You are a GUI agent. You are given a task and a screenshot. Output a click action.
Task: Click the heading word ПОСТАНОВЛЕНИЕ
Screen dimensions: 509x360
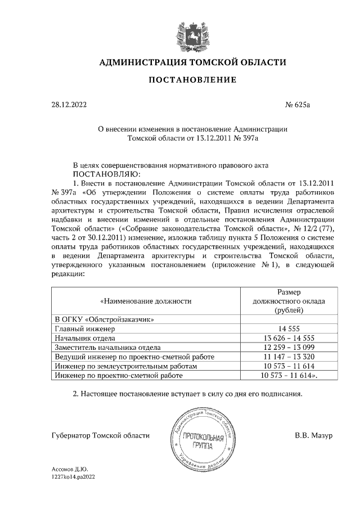tap(192, 80)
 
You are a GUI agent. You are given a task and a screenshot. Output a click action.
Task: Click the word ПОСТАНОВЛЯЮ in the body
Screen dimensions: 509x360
tap(107, 174)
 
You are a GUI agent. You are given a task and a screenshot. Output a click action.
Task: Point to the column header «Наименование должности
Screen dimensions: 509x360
tap(146, 301)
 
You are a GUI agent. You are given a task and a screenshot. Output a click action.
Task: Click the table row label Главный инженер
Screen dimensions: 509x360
tap(84, 328)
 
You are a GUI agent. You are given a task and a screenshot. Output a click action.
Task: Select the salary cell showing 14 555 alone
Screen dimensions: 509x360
tap(289, 328)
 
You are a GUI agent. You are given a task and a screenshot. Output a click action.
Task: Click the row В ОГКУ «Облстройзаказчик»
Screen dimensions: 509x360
tap(104, 319)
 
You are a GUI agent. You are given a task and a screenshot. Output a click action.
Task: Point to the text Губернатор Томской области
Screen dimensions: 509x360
tap(100, 435)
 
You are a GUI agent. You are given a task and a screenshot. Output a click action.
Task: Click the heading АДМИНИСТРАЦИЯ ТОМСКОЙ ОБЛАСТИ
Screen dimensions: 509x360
tap(192, 62)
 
